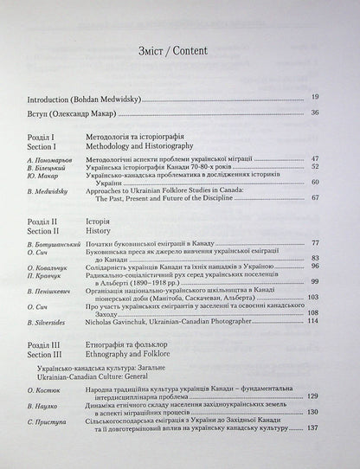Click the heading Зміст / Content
coord(179,49)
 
